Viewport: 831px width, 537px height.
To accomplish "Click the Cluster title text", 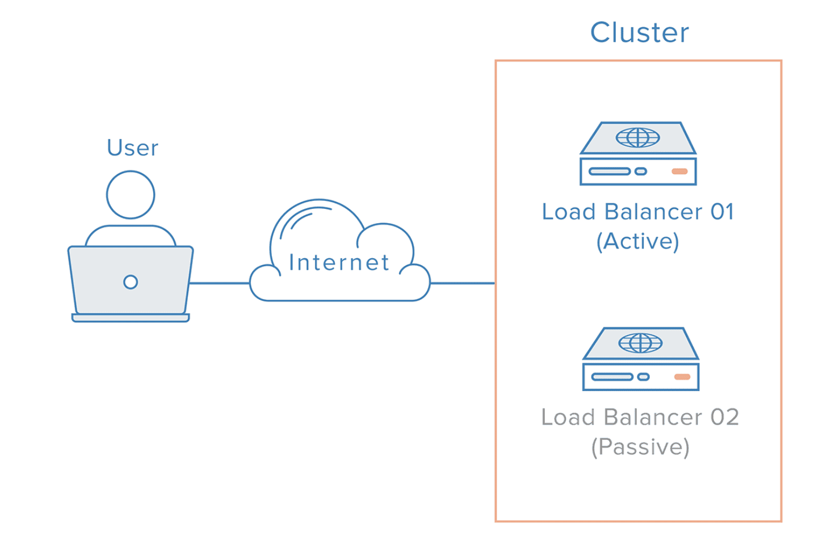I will [639, 32].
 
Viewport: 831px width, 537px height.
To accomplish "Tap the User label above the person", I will [132, 148].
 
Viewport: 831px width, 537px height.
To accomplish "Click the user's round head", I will [131, 195].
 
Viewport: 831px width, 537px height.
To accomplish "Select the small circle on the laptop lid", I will [131, 282].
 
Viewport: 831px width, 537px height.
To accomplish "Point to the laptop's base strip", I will [131, 318].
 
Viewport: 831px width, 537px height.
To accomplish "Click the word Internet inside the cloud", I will [339, 262].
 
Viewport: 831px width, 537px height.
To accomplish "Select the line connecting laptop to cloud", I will [220, 283].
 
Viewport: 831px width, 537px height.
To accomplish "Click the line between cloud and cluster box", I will [462, 283].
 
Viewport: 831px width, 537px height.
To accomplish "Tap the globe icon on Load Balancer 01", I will [638, 137].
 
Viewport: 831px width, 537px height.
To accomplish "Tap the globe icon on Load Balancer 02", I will [640, 343].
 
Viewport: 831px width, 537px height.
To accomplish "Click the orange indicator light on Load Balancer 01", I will [679, 171].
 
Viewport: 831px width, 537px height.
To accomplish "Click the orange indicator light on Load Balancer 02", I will [682, 377].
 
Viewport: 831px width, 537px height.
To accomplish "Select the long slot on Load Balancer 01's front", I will [610, 171].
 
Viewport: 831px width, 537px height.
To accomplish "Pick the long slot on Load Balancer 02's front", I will [612, 377].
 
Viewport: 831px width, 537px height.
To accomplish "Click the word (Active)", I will [637, 242].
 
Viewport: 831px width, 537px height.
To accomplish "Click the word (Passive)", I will [640, 447].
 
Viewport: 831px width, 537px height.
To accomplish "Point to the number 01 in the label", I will [722, 212].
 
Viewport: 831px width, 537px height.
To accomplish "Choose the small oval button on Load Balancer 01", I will [641, 171].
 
